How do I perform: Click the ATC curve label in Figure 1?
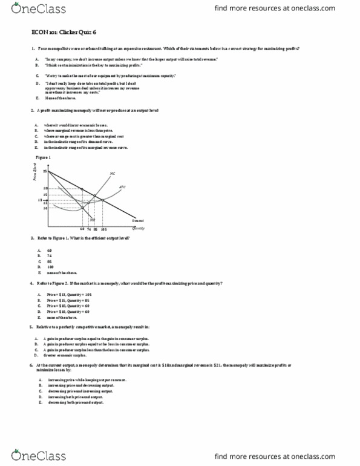point(122,186)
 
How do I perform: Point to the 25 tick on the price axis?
point(45,172)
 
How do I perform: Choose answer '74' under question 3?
point(48,255)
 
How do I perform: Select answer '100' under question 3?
point(50,266)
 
